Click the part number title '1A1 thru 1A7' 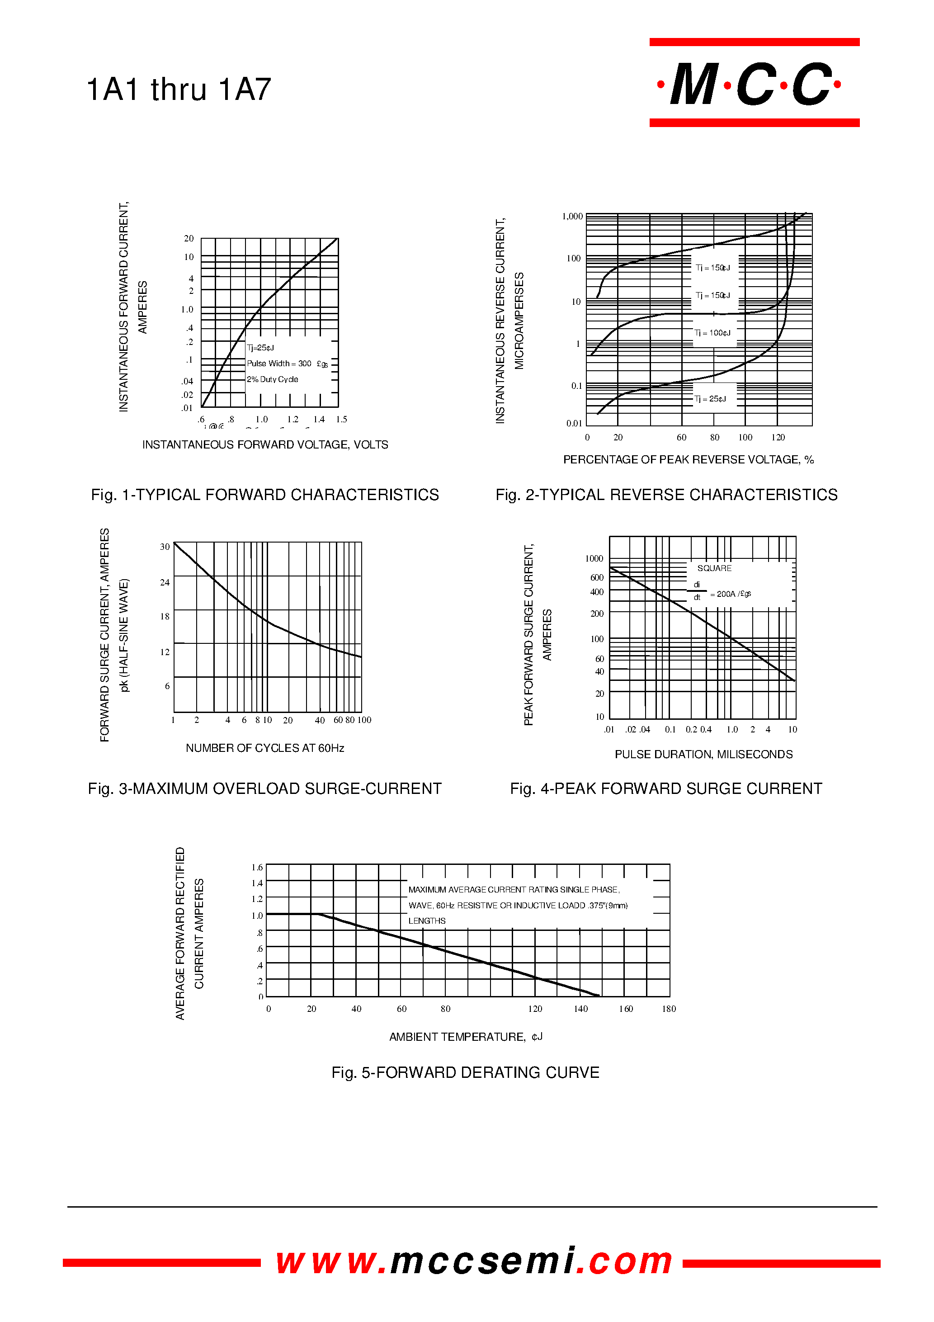pos(179,90)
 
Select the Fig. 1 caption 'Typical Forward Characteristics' pos(265,495)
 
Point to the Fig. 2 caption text pos(666,495)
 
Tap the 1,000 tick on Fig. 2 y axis pos(572,217)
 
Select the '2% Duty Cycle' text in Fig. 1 pos(272,379)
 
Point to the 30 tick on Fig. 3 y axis pos(165,547)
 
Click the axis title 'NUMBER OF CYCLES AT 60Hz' pos(265,748)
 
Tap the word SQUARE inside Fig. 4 pos(714,568)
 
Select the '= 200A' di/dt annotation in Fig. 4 pos(730,594)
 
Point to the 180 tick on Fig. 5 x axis pos(669,1009)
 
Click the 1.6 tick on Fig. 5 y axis pos(257,867)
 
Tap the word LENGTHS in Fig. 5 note pos(427,921)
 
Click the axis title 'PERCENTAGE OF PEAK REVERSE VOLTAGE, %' pos(688,459)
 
